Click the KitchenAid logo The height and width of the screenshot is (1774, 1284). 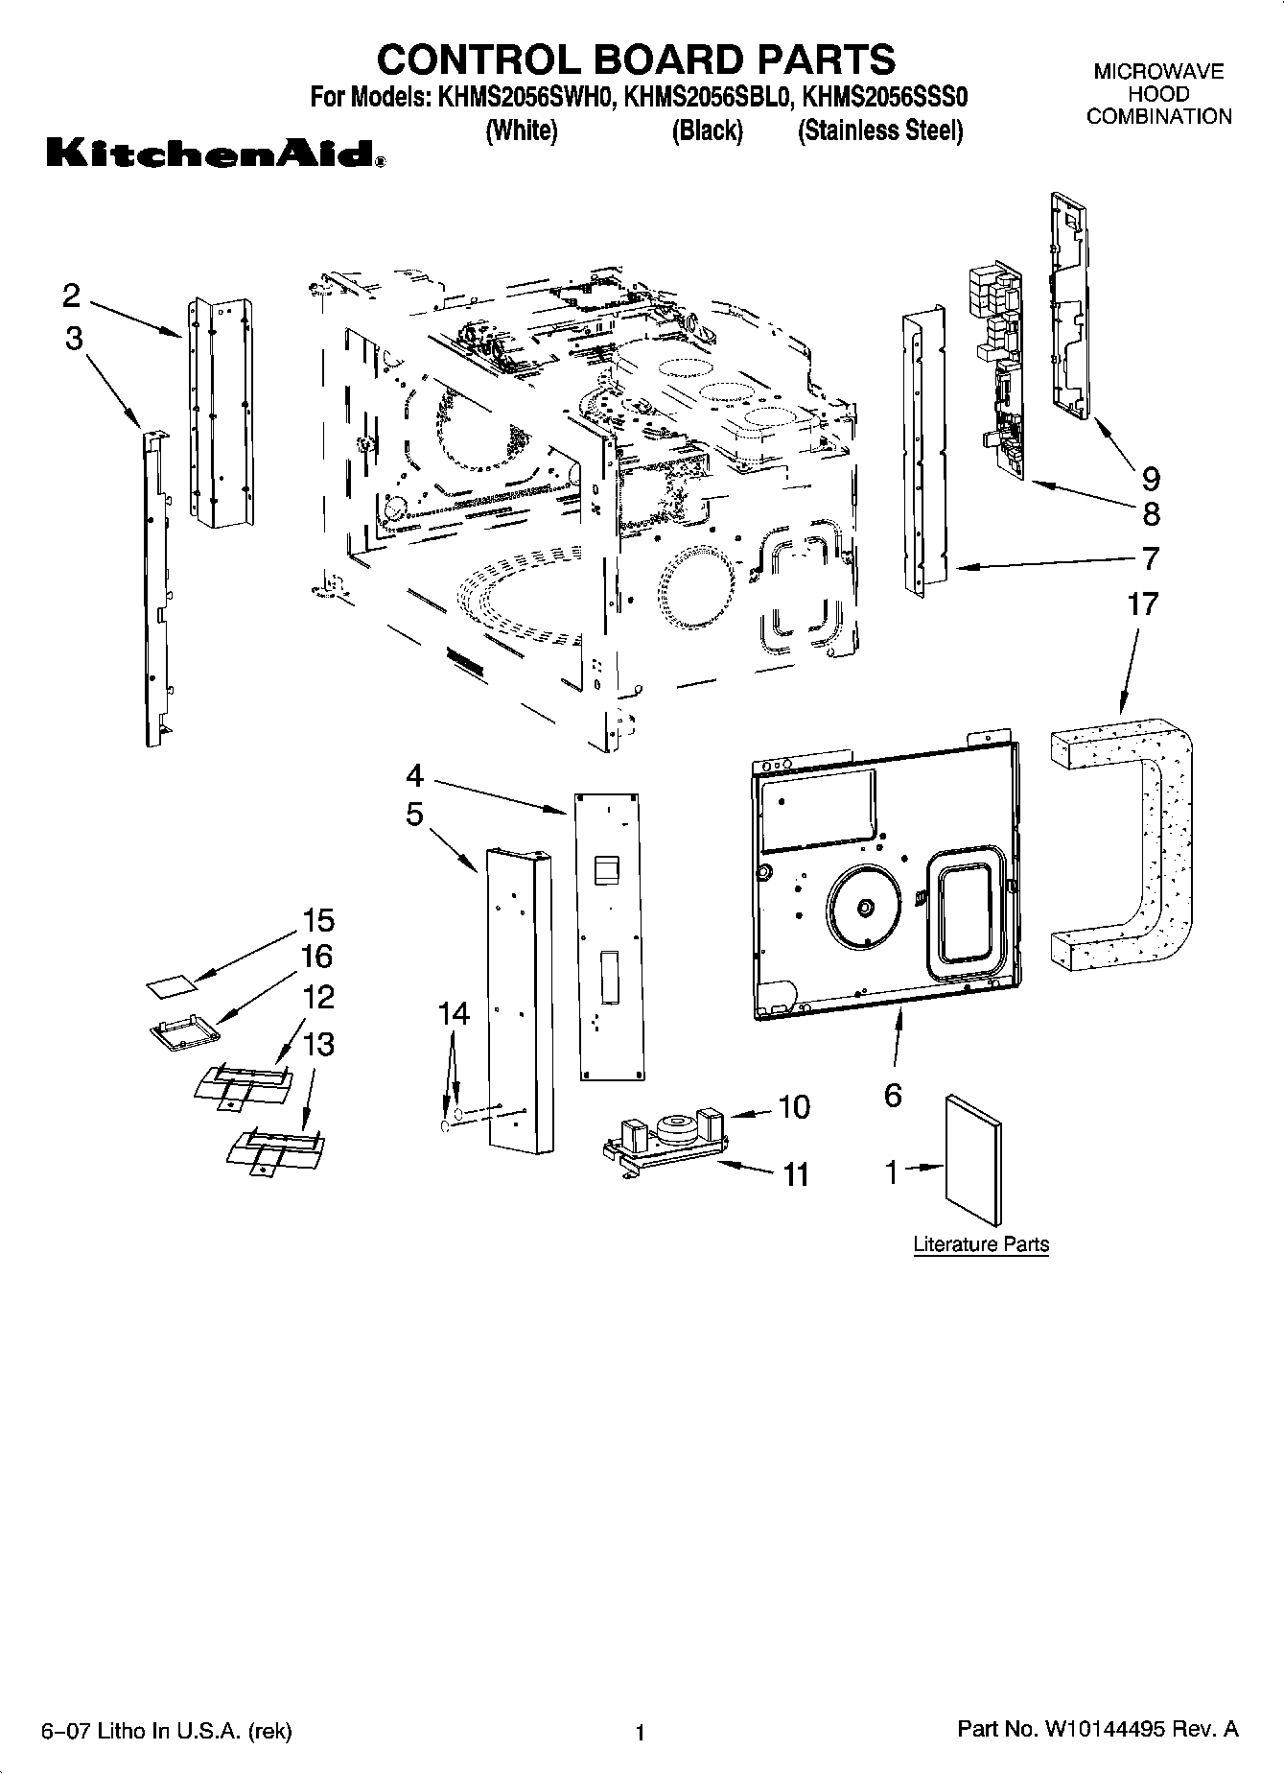point(216,154)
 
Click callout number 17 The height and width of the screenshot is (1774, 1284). point(1142,604)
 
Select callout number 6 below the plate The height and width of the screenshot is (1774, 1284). point(893,1095)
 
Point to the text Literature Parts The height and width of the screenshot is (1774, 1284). point(981,1244)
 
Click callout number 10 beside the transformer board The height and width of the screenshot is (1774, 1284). point(794,1107)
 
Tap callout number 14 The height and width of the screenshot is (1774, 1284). point(455,1013)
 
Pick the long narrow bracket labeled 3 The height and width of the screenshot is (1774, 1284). point(153,585)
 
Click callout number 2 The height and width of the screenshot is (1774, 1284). point(71,296)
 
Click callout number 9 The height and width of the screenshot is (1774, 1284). point(1151,478)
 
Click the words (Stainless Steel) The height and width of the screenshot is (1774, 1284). point(879,131)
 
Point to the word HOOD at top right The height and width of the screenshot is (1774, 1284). point(1158,94)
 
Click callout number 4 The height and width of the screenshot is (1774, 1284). point(414,774)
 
